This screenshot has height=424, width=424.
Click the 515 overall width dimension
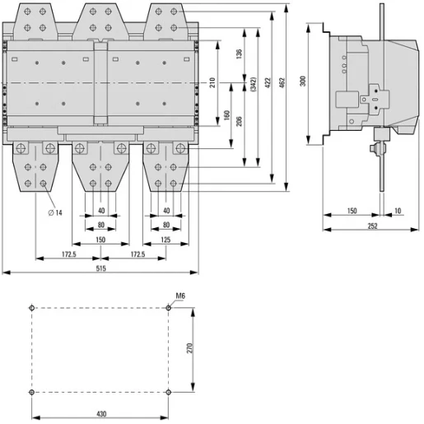(x=100, y=268)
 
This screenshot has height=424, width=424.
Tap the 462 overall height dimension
(x=282, y=83)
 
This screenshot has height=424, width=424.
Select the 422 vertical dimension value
(x=268, y=83)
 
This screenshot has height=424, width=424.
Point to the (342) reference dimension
(x=254, y=84)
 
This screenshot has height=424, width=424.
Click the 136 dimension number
(x=239, y=54)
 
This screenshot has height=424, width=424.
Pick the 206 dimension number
(x=239, y=121)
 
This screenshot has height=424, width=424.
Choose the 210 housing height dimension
(x=212, y=82)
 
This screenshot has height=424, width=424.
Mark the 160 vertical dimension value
(x=226, y=115)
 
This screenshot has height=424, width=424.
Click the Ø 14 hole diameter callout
(x=55, y=212)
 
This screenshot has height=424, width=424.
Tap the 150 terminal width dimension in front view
(x=100, y=240)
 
